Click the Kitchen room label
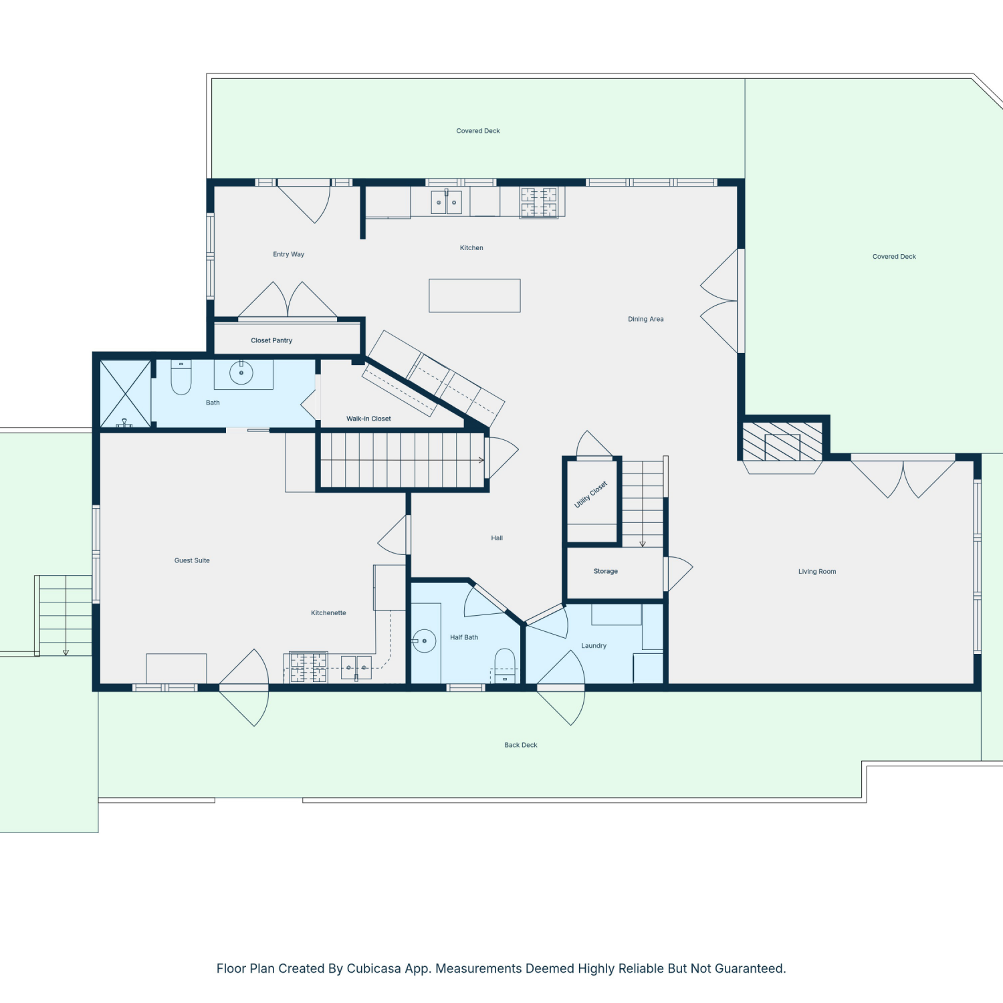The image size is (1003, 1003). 471,248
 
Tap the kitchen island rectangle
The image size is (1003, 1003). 475,296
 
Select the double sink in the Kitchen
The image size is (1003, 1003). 446,201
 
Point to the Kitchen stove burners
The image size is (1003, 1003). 539,203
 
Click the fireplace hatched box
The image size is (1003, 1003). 782,441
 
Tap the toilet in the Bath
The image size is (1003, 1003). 181,377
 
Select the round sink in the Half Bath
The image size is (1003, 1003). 424,641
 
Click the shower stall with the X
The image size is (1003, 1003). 125,393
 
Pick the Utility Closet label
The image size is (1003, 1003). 591,495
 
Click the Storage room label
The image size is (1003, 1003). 606,572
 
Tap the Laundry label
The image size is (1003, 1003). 594,646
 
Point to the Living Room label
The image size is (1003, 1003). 817,572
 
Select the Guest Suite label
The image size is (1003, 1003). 192,561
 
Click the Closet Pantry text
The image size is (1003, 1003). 271,341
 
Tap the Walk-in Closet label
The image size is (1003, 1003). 368,419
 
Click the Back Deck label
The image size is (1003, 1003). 521,745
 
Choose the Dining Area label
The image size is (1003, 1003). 646,320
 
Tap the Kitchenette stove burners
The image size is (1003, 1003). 308,667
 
